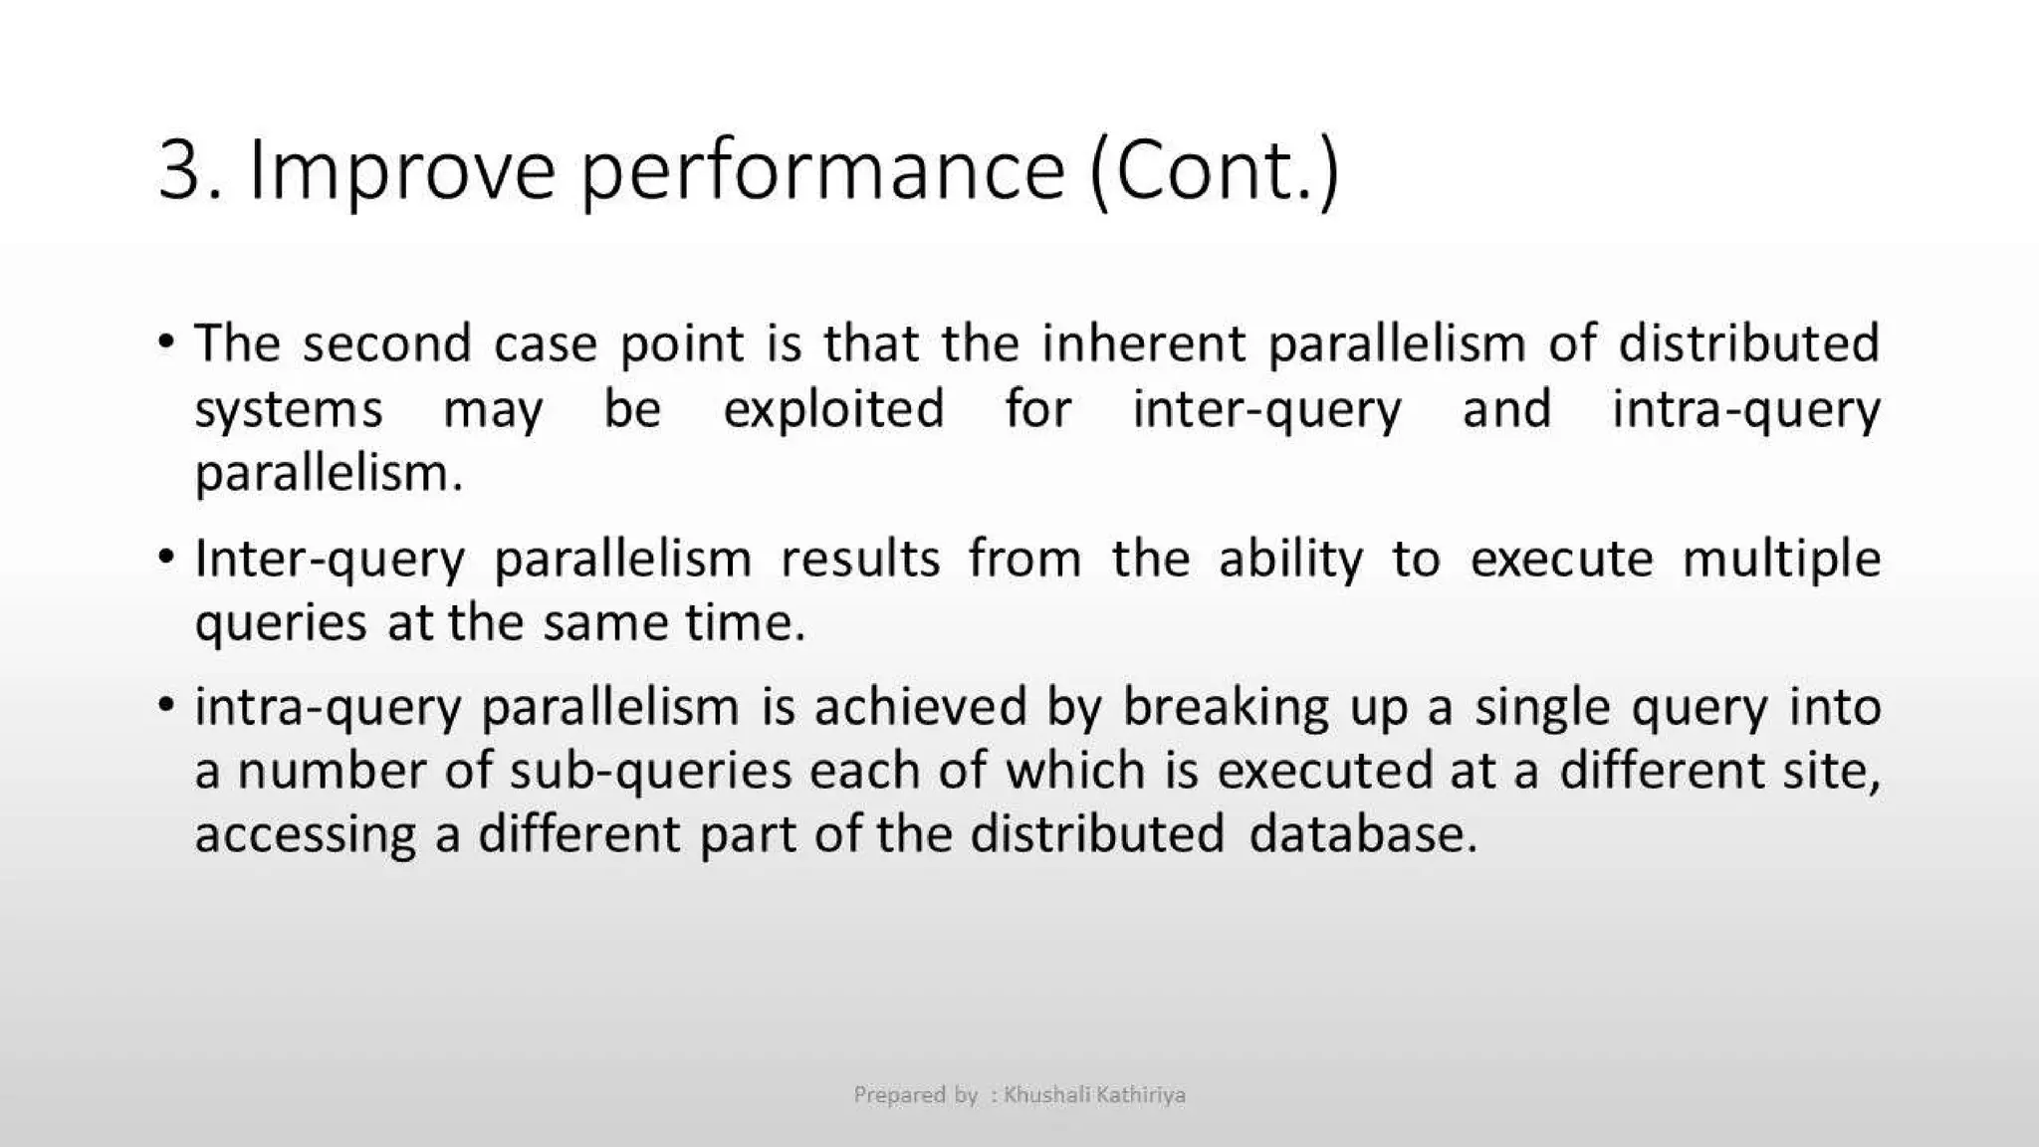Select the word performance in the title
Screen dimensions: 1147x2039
[x=822, y=170]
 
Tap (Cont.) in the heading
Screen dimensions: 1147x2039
[x=1215, y=170]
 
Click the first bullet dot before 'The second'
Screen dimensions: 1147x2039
[x=166, y=342]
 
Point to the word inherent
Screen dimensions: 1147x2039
[x=1143, y=344]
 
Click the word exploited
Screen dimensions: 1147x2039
[x=833, y=408]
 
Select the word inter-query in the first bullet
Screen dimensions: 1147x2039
[x=1266, y=408]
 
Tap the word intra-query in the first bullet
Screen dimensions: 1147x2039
[x=1745, y=408]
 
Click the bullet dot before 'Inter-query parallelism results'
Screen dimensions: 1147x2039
[x=166, y=556]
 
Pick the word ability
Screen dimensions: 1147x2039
[x=1290, y=559]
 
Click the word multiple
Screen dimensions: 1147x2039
[x=1781, y=559]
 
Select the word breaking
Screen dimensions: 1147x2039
[x=1226, y=708]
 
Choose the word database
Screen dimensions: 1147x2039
[x=1361, y=833]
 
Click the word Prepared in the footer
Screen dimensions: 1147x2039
[x=899, y=1095]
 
